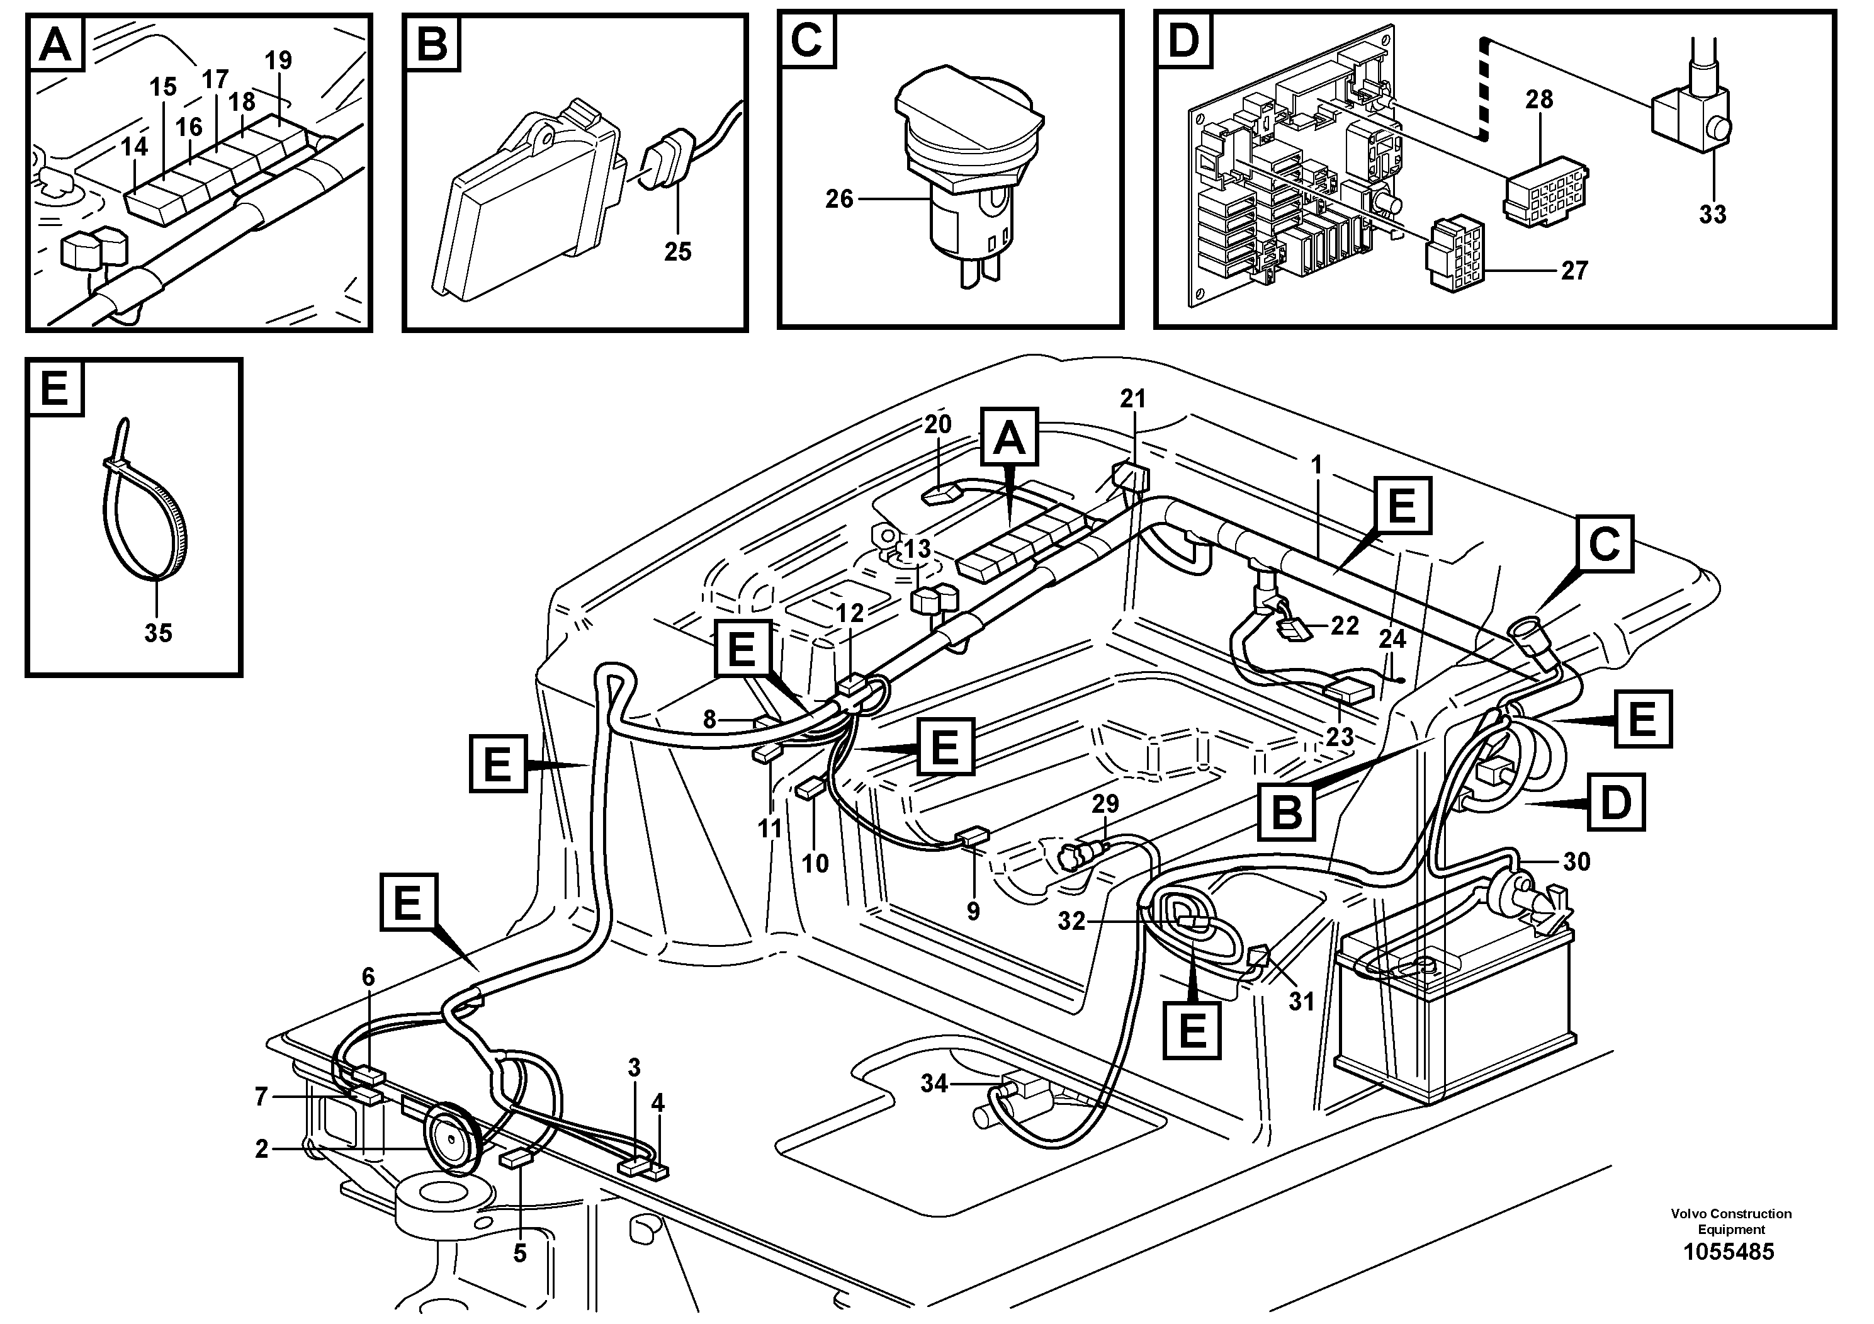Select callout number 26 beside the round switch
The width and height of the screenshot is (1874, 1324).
tap(838, 198)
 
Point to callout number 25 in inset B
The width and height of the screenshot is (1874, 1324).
tap(677, 251)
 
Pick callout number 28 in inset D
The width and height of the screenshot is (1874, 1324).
tap(1538, 99)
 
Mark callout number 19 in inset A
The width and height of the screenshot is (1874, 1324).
tap(278, 60)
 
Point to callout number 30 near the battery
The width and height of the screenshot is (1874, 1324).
tap(1576, 862)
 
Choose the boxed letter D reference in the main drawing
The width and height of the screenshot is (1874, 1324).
tap(1615, 803)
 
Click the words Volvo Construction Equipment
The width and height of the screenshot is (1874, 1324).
tap(1730, 1221)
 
